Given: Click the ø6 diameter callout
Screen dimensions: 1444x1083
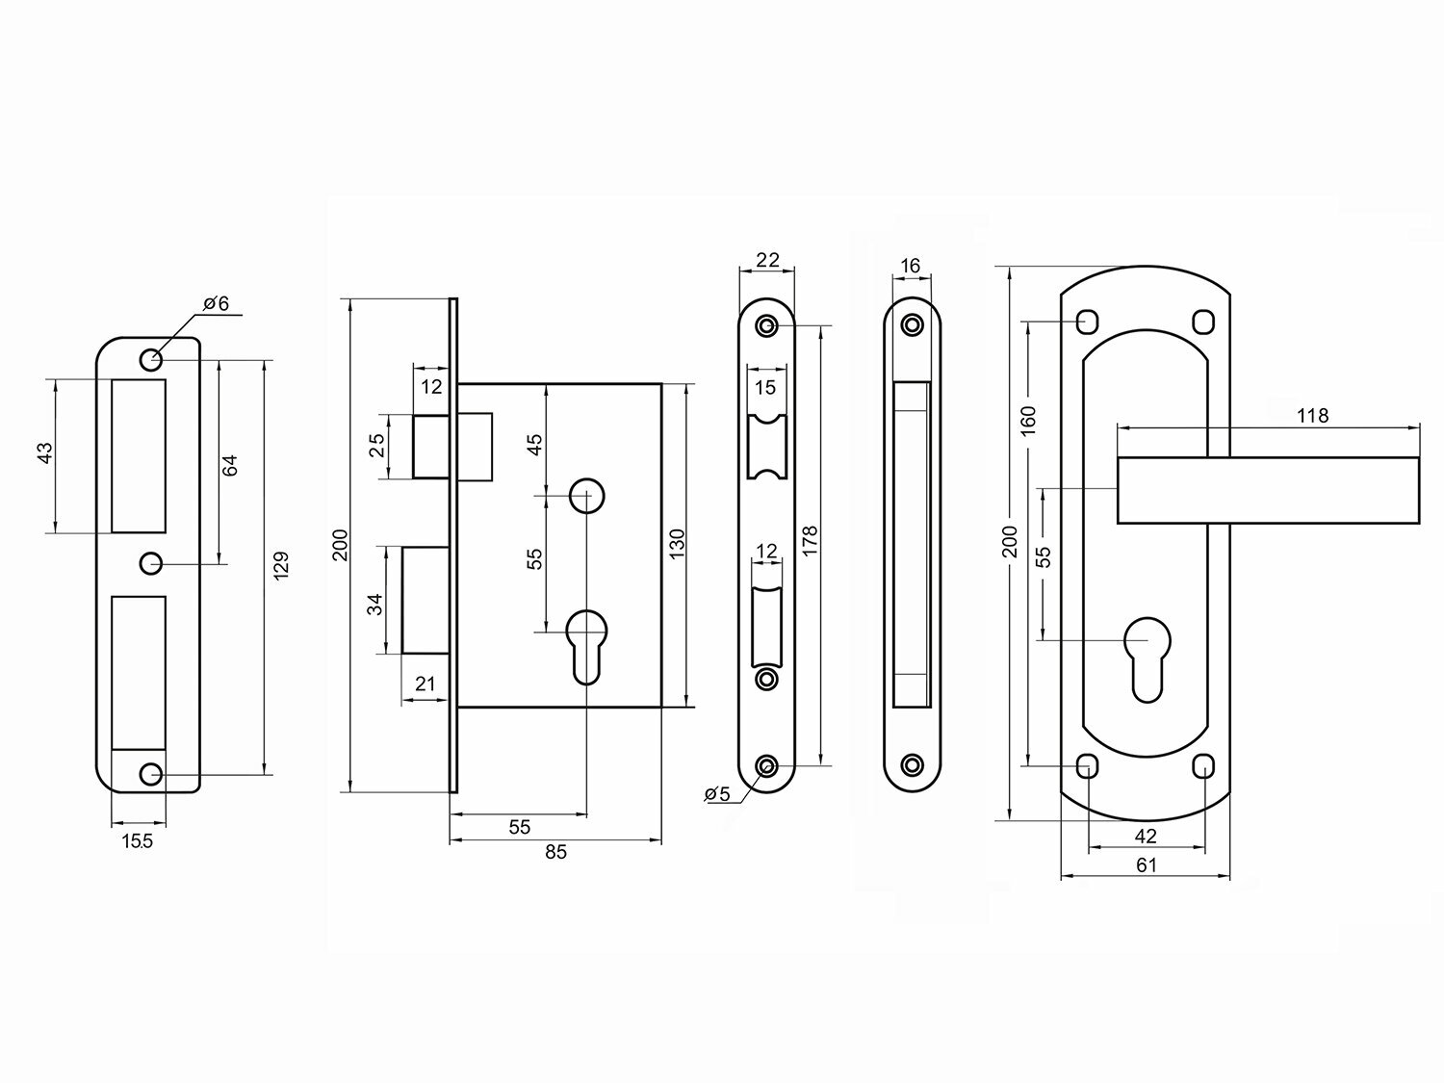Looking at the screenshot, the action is [216, 304].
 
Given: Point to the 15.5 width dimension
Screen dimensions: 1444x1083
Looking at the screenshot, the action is [137, 841].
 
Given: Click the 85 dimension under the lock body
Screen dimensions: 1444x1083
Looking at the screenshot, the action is [555, 852].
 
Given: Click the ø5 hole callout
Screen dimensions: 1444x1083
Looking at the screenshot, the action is [718, 794].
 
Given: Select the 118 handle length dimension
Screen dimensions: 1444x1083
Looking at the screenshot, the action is [1312, 416].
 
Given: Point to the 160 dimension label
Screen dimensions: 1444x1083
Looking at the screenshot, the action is [1028, 419].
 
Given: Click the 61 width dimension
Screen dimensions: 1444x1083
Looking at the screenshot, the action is [1146, 864].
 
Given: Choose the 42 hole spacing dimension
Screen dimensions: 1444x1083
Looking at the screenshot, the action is [1146, 836].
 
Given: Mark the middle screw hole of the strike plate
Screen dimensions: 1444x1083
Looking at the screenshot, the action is [150, 563].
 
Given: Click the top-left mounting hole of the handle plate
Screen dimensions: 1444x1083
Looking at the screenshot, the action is [1087, 319].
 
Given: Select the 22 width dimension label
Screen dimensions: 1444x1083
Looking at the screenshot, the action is [767, 260].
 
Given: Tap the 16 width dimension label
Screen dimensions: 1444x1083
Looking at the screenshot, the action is [912, 266].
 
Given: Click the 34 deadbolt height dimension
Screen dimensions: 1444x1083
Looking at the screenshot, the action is [376, 603].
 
